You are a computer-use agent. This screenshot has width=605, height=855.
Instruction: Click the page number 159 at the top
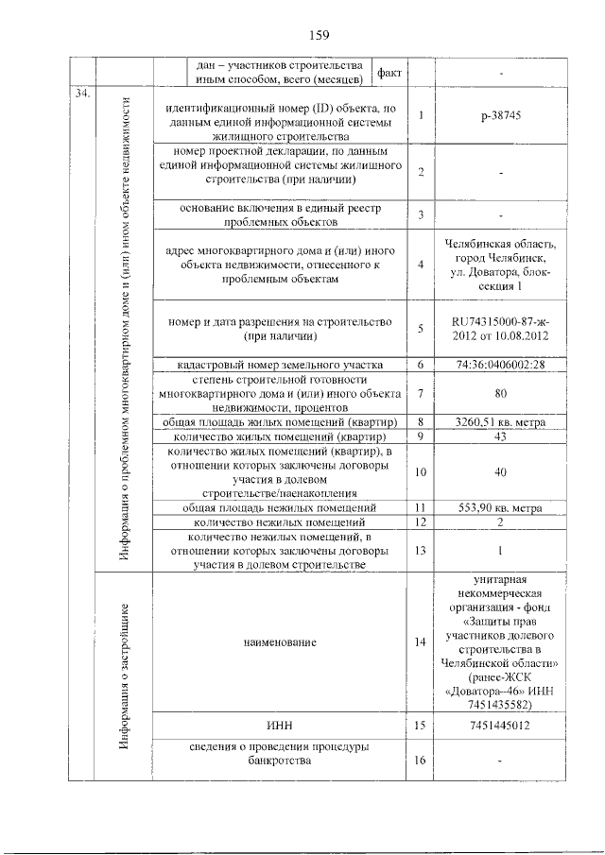(318, 35)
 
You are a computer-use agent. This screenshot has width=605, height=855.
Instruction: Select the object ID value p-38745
(500, 115)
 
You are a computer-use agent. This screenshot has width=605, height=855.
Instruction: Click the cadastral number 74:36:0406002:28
(500, 364)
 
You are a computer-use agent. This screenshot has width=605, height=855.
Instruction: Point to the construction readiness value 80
(500, 392)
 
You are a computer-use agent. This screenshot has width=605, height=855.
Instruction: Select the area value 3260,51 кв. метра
(500, 421)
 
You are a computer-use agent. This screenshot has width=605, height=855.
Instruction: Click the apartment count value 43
(500, 436)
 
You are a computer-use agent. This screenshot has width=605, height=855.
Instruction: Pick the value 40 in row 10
(500, 471)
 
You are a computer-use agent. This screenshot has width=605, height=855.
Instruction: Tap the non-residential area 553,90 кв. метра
(500, 506)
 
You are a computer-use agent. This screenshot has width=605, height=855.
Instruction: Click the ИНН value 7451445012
(500, 725)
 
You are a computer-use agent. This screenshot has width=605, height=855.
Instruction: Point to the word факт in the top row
(389, 72)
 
